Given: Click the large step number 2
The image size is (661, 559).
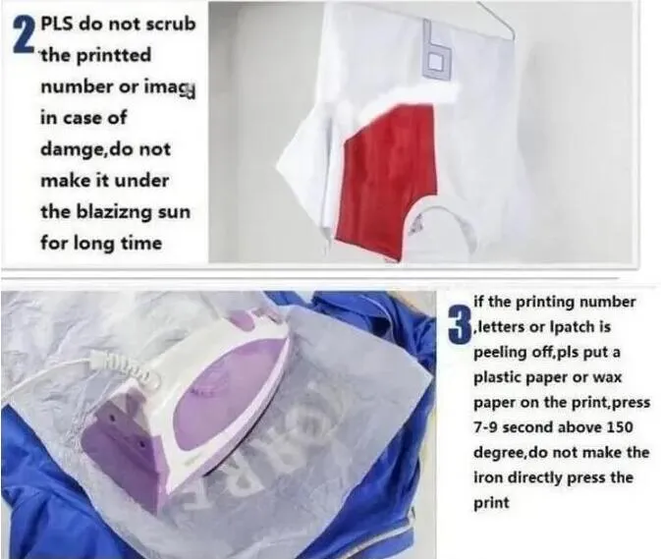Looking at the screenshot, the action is click(x=24, y=37).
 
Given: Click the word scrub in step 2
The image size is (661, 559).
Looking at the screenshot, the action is click(x=171, y=24).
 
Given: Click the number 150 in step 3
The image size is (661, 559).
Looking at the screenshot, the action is click(x=620, y=427).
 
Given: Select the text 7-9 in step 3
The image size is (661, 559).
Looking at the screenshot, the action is click(x=486, y=427).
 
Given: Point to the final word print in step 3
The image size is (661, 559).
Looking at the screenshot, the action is click(x=491, y=503).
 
